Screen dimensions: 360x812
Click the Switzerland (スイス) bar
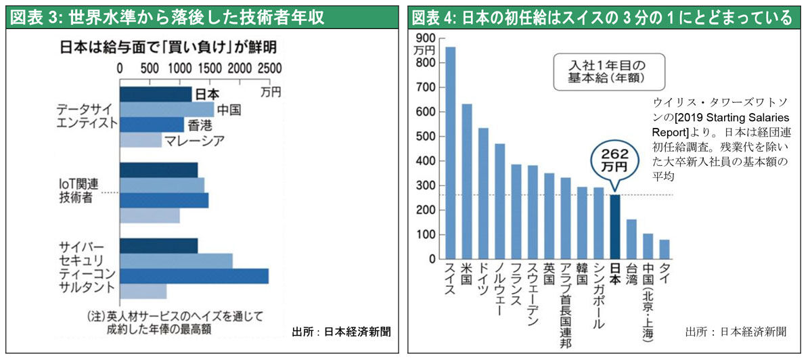pos(450,153)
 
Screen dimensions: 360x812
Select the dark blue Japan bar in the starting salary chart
pos(614,227)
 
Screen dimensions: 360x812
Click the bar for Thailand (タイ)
pos(664,249)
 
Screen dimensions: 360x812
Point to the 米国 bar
pos(467,181)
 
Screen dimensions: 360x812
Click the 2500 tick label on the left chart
pos(269,68)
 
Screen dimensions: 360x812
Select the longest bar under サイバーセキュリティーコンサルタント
pos(194,276)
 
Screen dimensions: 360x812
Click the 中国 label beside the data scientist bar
pos(230,109)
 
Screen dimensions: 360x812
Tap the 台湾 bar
pos(631,239)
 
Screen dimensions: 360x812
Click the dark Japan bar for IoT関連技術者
pos(159,170)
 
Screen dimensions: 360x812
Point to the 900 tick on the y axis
pos(427,38)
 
